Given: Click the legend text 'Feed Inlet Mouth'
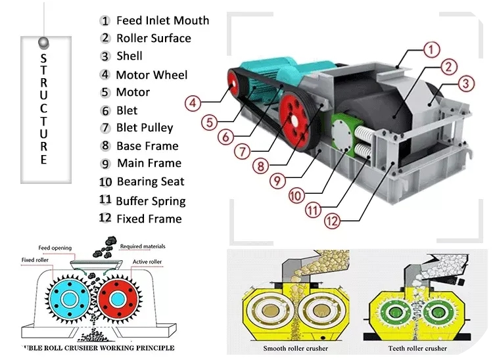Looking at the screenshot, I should pos(162,20).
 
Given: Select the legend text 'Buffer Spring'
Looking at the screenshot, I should pos(151,201).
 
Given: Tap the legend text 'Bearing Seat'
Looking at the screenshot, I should pos(151,182).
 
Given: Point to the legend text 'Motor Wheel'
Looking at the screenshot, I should pos(152,75).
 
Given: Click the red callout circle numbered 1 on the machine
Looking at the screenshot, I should pos(430,49).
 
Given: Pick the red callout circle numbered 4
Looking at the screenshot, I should pos(192,103).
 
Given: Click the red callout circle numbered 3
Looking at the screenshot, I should pos(465,83).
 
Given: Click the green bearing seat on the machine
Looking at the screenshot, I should pos(342,134).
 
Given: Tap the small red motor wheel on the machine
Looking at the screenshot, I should pos(233,83).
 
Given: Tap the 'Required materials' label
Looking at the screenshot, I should pos(145,246).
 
